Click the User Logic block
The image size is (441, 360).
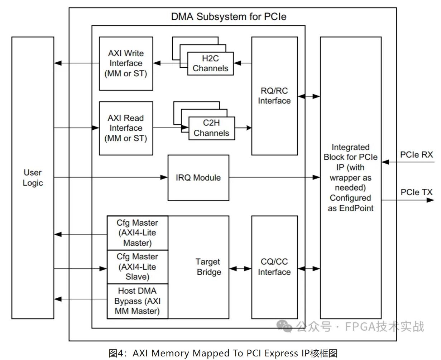(33, 178)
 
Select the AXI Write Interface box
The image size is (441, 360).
(126, 63)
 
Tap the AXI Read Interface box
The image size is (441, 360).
(126, 128)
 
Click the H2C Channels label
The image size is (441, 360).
(210, 63)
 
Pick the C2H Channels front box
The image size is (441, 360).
(211, 128)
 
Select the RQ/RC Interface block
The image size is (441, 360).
(274, 96)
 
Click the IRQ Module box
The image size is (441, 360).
(198, 178)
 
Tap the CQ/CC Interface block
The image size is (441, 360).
(274, 267)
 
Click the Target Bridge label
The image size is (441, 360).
(208, 267)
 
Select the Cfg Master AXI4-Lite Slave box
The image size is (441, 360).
(137, 267)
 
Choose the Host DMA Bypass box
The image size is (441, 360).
(137, 301)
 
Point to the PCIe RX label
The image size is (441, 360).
(416, 155)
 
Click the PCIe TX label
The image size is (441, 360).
(416, 192)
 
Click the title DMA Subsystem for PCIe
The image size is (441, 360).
(229, 16)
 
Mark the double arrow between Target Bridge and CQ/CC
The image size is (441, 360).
(240, 268)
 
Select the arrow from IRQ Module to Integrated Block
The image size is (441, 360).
(274, 177)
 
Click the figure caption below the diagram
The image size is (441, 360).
(223, 353)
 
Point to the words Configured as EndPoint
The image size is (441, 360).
(350, 203)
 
